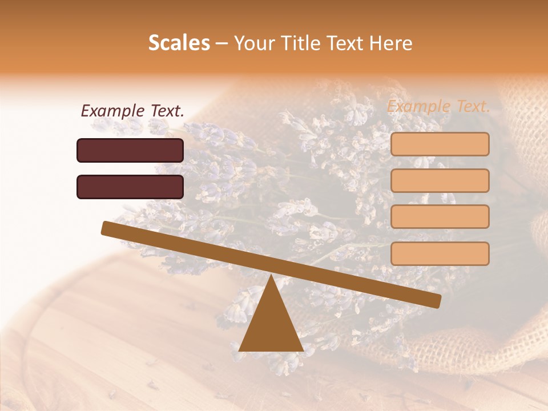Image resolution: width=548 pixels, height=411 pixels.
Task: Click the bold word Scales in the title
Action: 179,43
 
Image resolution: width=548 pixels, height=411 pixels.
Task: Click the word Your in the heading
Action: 253,43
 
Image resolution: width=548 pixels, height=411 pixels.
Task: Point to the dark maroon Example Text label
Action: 132,111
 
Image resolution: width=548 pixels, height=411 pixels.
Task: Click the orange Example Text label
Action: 438,106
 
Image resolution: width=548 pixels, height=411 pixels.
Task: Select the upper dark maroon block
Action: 130,150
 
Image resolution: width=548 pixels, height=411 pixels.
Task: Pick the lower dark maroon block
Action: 130,187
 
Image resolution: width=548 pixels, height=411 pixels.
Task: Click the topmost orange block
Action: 440,144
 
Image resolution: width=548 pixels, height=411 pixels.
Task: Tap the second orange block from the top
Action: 440,180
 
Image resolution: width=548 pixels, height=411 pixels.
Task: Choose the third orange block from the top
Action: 440,216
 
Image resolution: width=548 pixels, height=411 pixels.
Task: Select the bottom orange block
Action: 440,253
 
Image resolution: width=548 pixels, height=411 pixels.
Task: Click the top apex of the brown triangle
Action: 271,276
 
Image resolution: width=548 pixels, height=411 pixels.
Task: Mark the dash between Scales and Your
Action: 221,43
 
